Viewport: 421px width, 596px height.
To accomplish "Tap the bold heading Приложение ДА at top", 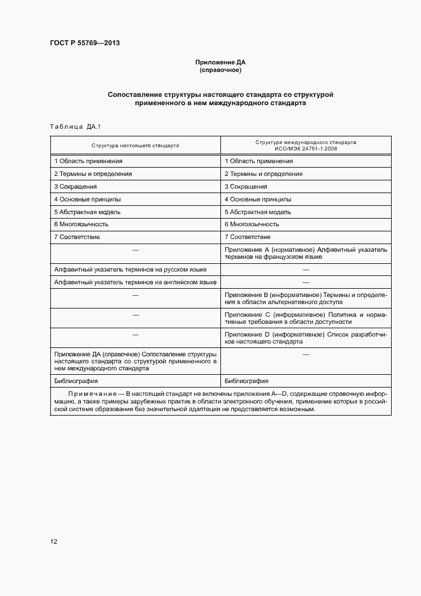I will (x=220, y=62).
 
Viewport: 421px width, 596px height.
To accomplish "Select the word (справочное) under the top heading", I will (x=220, y=70).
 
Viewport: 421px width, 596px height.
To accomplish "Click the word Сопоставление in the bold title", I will (x=136, y=94).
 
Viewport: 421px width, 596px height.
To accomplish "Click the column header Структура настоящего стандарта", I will (x=136, y=145).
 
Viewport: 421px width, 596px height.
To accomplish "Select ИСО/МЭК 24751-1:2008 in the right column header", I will (x=306, y=149).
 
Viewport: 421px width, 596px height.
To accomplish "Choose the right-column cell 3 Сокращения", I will (x=246, y=186).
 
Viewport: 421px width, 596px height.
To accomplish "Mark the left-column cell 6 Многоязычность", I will (x=82, y=224).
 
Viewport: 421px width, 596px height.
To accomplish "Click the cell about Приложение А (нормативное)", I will (x=306, y=253).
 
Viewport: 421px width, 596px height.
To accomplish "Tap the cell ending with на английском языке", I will (x=134, y=282).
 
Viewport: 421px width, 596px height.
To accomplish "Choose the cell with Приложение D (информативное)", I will (x=306, y=337).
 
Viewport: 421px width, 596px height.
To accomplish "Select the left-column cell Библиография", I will (x=75, y=380).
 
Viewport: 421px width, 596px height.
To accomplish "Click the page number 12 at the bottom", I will (x=54, y=542).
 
